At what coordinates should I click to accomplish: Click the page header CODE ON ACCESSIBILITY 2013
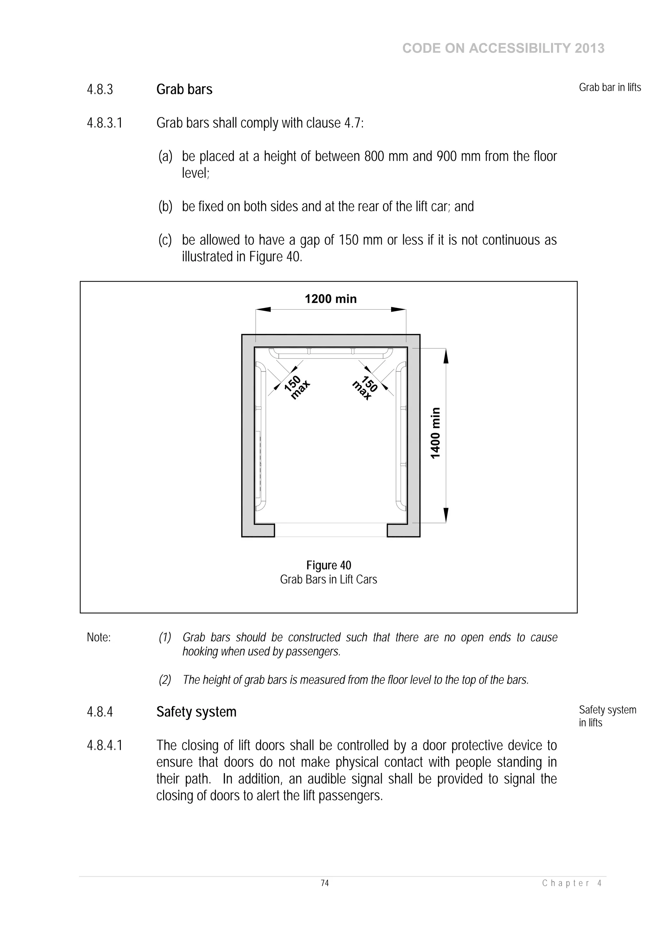[x=503, y=49]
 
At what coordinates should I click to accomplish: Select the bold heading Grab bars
[x=184, y=90]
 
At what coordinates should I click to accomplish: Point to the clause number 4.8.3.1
[x=105, y=123]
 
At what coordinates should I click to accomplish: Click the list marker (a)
[x=165, y=157]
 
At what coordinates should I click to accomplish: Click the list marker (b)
[x=165, y=206]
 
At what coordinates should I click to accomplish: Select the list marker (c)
[x=165, y=240]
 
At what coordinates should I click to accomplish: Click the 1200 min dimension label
[x=331, y=299]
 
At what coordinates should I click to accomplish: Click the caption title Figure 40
[x=328, y=565]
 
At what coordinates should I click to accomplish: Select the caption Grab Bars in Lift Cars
[x=328, y=579]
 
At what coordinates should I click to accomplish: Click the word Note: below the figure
[x=99, y=637]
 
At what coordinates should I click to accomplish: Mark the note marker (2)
[x=165, y=680]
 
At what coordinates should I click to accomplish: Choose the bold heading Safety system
[x=196, y=712]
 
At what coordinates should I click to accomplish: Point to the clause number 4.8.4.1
[x=105, y=746]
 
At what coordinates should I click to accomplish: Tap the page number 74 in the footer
[x=325, y=883]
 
